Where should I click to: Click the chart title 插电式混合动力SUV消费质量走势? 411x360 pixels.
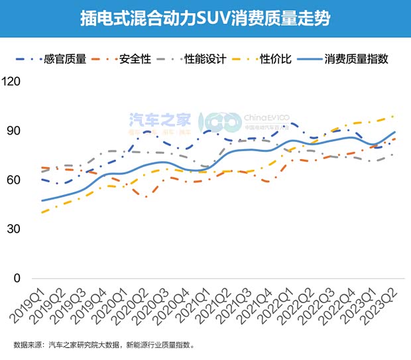click(205, 18)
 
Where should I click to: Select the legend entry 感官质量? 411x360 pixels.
click(65, 58)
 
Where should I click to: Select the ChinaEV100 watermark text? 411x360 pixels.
click(267, 118)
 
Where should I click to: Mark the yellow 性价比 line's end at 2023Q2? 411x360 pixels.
click(395, 116)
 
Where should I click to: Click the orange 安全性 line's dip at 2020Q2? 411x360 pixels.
click(147, 197)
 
